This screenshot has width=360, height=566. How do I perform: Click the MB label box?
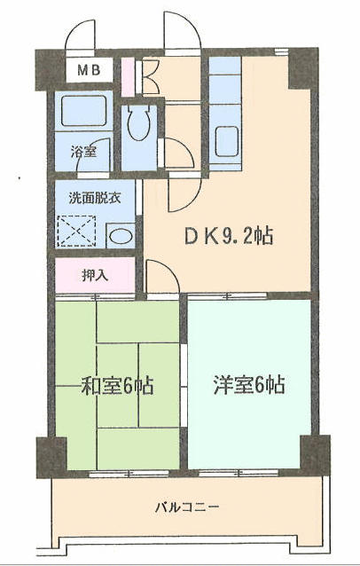[x=89, y=70]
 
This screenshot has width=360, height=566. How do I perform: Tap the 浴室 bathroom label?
[x=83, y=152]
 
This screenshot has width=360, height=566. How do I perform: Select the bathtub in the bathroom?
[x=83, y=111]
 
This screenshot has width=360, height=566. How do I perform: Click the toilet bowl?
[x=139, y=122]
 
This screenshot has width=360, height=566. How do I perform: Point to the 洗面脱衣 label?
[x=95, y=198]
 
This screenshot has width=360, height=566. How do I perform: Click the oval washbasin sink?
[x=121, y=237]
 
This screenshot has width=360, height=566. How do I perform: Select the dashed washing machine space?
[x=76, y=231]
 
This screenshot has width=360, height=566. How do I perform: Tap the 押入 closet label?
[x=95, y=276]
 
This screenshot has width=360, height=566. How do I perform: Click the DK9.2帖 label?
[x=229, y=237]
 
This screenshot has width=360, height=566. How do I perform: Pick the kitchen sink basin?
[x=226, y=142]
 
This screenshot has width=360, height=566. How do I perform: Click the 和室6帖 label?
[x=117, y=386]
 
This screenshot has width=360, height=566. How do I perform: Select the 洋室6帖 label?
[x=249, y=385]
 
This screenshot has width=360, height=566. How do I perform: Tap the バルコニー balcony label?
[x=187, y=507]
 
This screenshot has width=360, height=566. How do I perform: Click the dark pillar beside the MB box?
[x=51, y=70]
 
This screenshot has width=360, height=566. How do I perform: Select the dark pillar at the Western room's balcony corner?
[x=315, y=454]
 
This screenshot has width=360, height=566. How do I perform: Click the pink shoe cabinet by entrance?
[x=128, y=77]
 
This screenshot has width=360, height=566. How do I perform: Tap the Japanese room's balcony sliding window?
[x=129, y=473]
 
